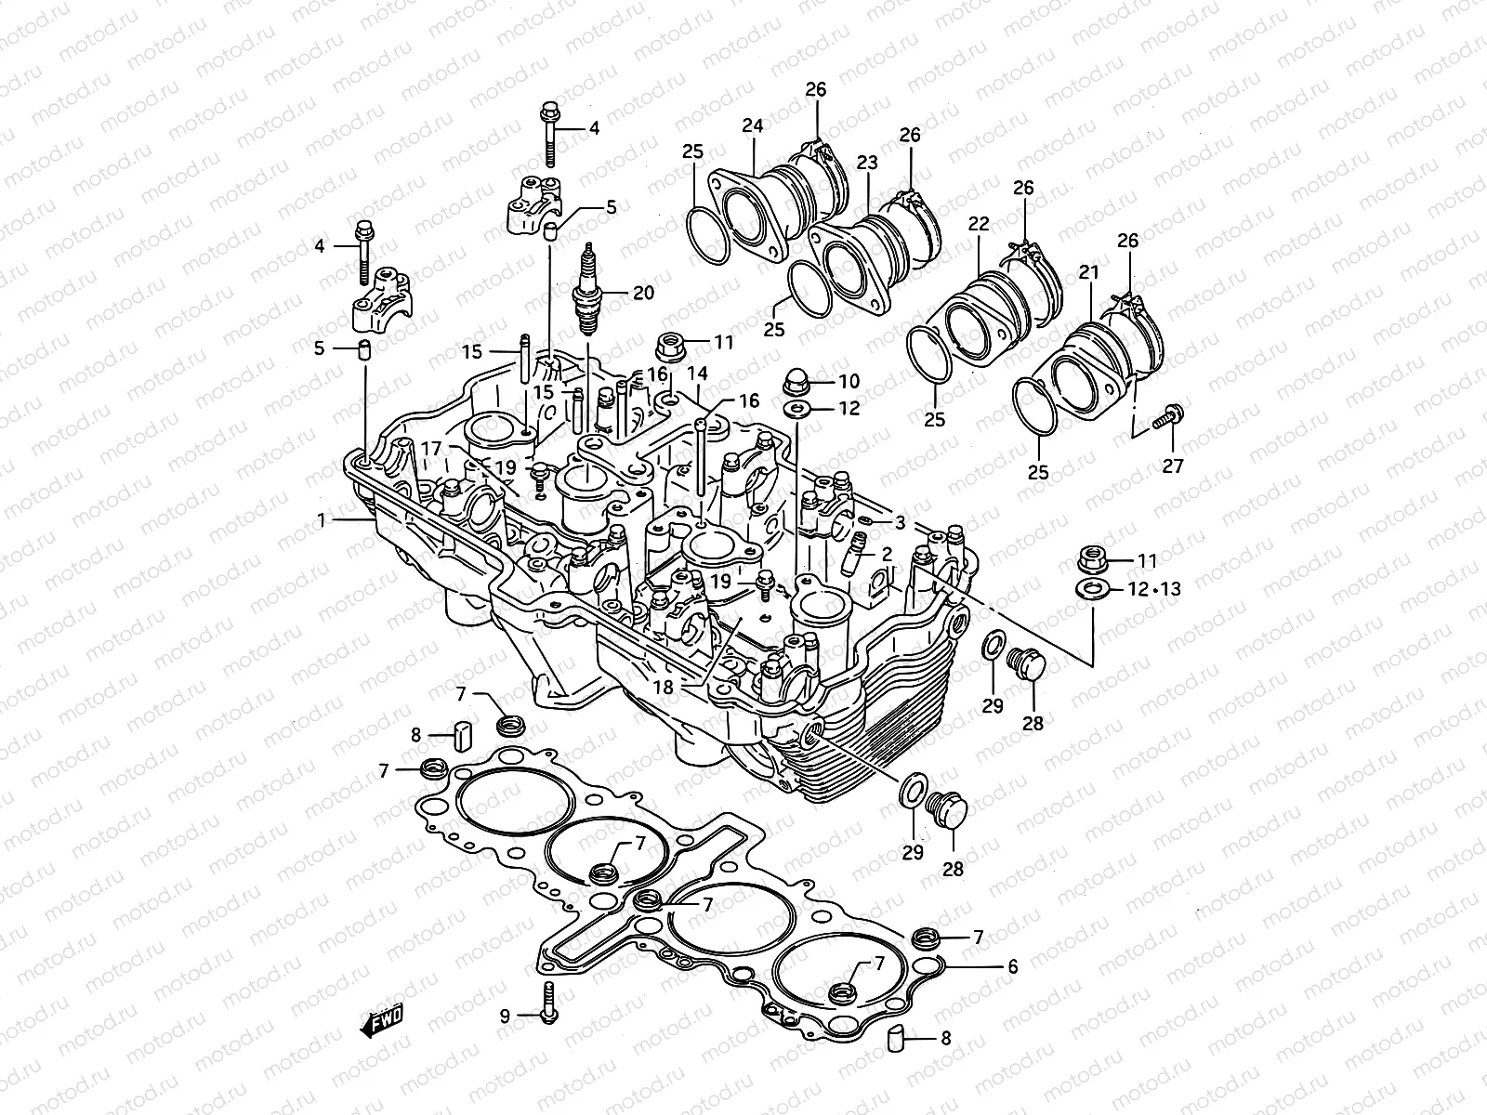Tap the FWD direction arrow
point(381,1021)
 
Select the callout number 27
point(1173,466)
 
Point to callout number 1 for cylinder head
point(322,521)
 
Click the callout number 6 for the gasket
point(1012,967)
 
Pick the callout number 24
point(752,125)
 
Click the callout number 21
point(1088,272)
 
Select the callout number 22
point(978,224)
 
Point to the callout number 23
point(866,163)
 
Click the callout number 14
point(697,374)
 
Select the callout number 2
point(887,554)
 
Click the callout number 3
point(900,521)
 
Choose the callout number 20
point(643,294)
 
